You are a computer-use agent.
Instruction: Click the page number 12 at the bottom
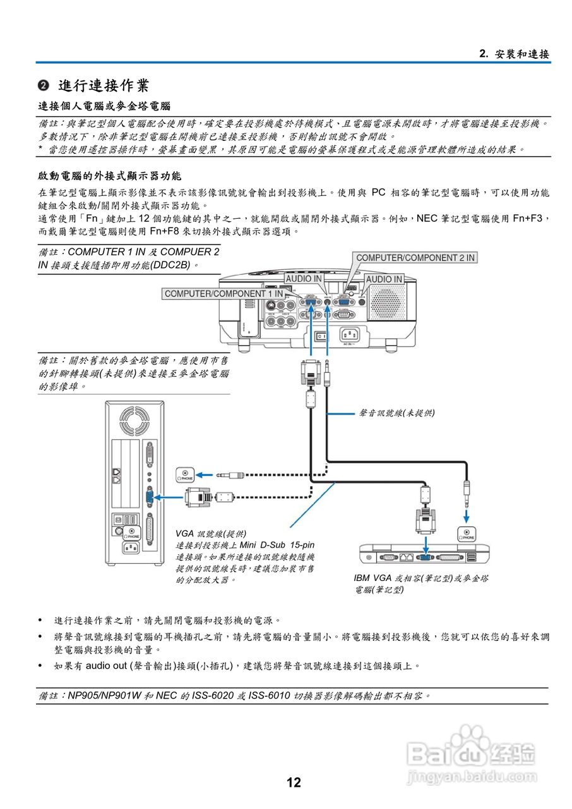294,783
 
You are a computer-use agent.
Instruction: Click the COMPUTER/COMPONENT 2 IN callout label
415,258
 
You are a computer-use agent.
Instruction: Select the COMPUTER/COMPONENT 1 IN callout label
224,294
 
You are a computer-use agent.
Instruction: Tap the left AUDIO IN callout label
304,279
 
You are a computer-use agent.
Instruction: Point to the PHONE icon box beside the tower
184,475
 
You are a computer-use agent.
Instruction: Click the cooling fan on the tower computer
133,420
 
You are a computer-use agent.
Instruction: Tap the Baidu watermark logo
470,752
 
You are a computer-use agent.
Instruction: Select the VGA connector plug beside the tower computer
197,497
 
